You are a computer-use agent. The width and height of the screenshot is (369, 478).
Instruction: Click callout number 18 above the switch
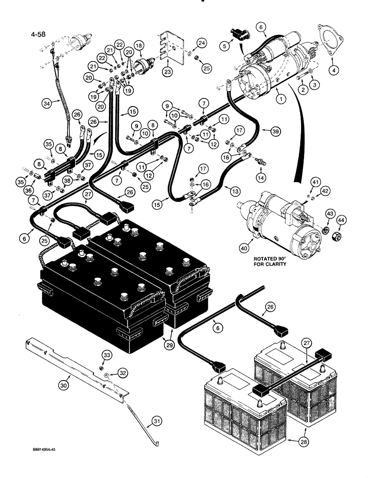click(x=139, y=45)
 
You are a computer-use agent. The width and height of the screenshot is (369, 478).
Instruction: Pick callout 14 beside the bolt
click(x=260, y=177)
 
